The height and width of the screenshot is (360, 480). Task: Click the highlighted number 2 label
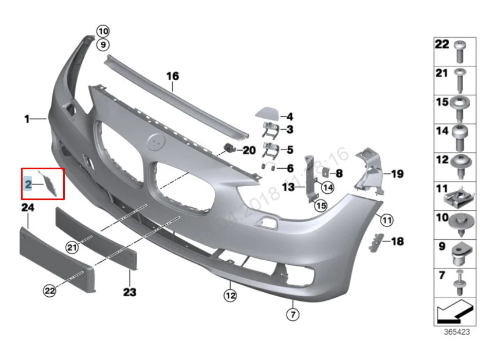(x=28, y=183)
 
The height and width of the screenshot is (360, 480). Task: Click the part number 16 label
(x=173, y=76)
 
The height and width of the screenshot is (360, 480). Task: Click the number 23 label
(x=130, y=292)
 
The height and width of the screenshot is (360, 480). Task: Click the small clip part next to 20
(x=229, y=149)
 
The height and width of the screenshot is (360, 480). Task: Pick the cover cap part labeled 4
(x=266, y=114)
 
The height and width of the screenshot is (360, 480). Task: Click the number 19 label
(x=397, y=174)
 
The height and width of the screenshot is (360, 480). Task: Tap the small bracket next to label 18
(x=377, y=241)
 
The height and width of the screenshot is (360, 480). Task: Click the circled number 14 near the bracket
(x=328, y=188)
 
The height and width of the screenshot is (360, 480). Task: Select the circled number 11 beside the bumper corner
(x=386, y=221)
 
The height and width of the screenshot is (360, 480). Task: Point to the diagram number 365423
(x=456, y=332)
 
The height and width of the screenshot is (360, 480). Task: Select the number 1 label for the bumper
(x=27, y=119)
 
